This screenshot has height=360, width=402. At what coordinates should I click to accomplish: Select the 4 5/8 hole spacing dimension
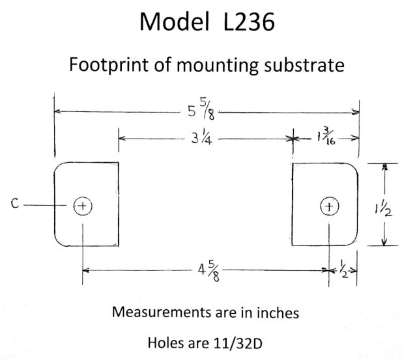207,269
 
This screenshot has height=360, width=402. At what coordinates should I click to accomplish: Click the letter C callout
14,204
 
